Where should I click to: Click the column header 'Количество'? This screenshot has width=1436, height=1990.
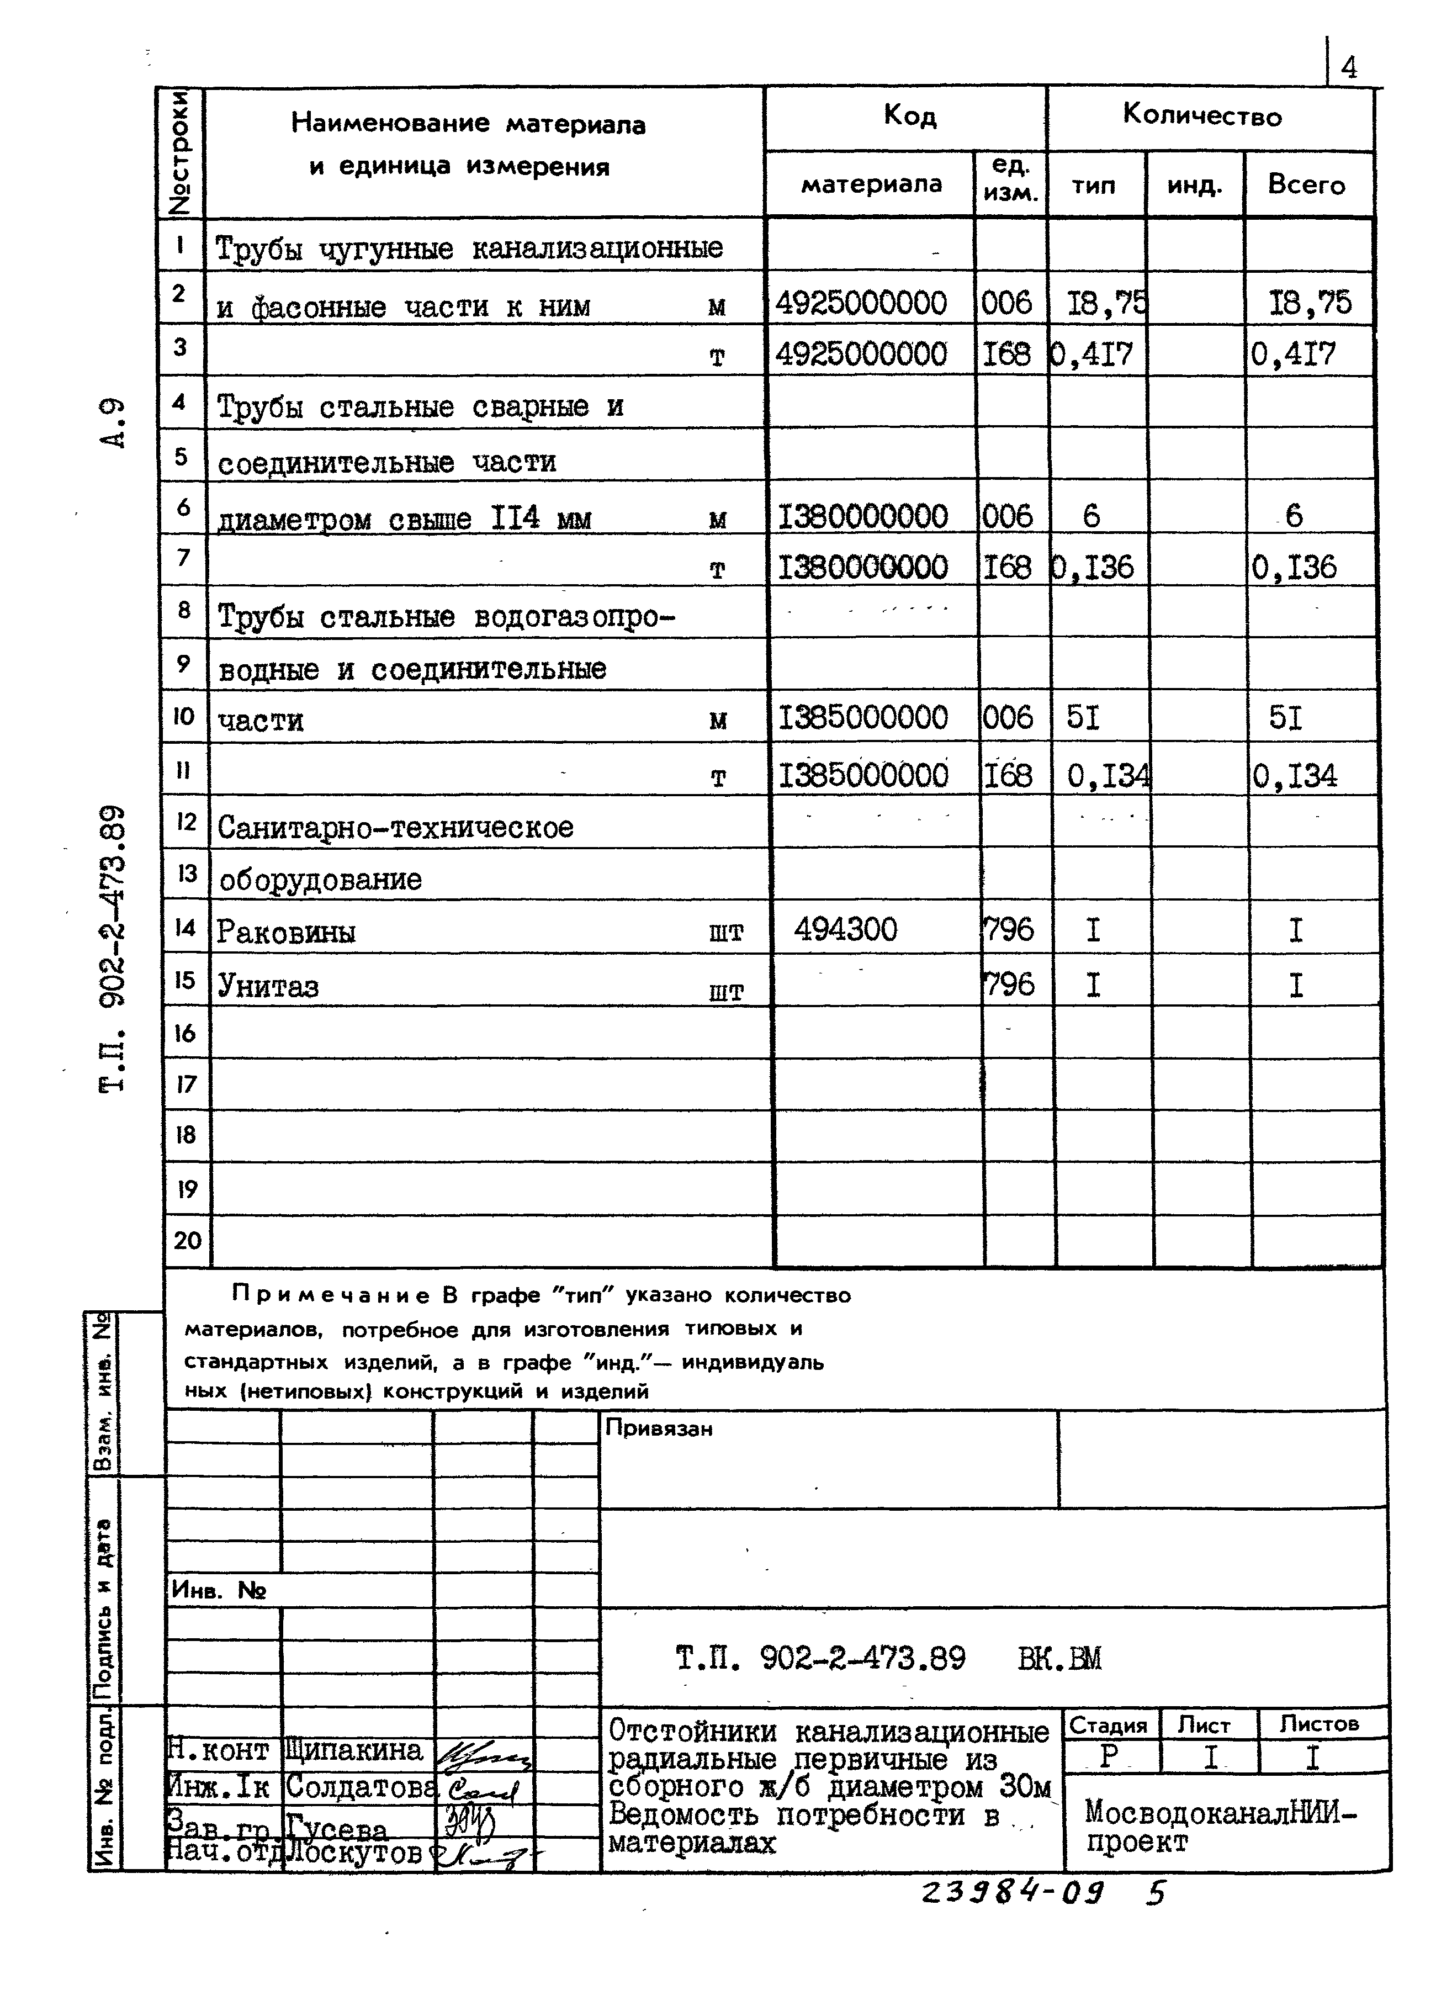click(1202, 115)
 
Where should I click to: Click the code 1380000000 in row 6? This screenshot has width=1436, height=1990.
click(862, 516)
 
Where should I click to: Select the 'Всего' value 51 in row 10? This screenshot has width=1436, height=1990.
click(1285, 718)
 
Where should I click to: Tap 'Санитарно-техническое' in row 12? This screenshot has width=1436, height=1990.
click(395, 827)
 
